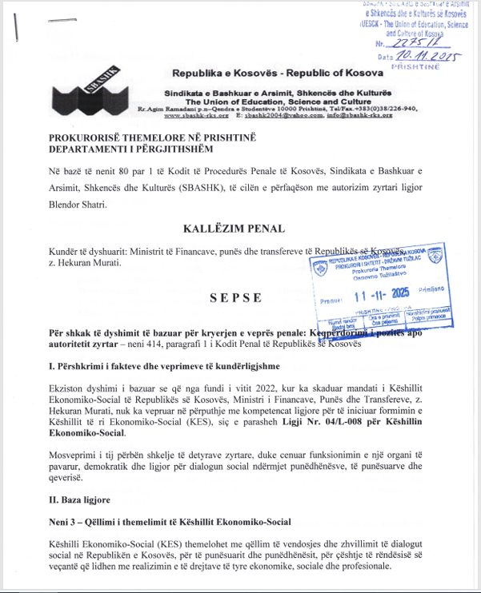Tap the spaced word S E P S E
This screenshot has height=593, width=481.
tap(235, 297)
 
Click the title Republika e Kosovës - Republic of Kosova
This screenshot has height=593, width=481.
tap(264, 74)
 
